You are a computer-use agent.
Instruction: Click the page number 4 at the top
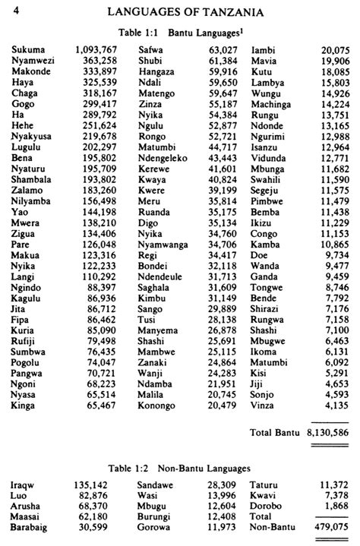(17, 10)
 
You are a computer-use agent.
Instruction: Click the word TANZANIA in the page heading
(228, 12)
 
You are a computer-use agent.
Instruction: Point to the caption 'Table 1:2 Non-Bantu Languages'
(179, 469)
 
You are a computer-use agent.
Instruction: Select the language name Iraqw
(24, 484)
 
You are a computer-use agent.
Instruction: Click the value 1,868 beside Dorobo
(336, 505)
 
